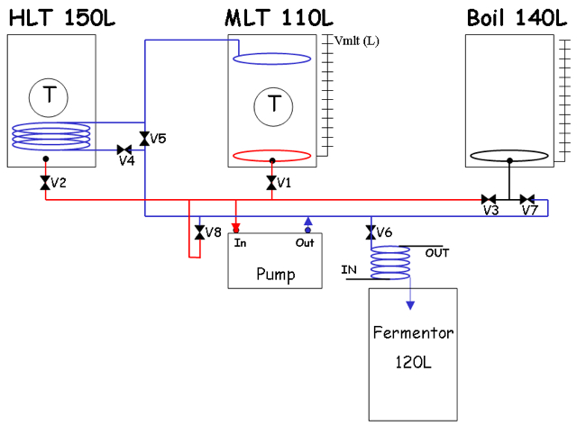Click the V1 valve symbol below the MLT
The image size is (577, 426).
271,183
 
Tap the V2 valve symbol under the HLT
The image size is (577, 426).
45,183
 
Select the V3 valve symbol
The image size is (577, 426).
489,200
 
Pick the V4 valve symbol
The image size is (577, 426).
124,150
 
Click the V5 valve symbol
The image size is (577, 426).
144,139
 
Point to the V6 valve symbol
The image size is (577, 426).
371,232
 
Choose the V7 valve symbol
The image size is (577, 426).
527,200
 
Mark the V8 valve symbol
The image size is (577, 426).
200,232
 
